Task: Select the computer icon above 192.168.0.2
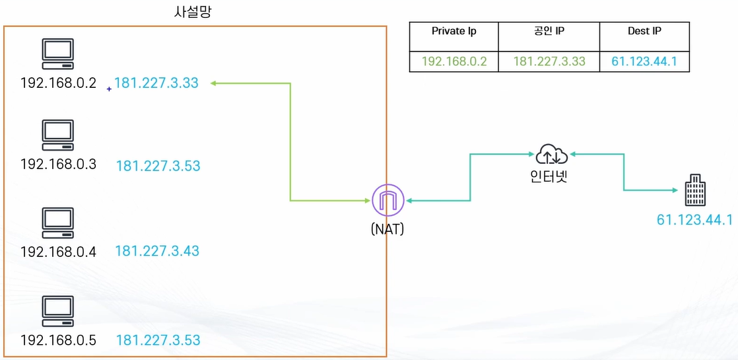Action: click(58, 54)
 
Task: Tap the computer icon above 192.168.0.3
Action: click(58, 134)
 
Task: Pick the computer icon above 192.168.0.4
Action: click(58, 222)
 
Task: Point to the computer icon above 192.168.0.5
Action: click(58, 310)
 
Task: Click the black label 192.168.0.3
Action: click(58, 164)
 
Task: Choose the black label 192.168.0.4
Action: click(58, 252)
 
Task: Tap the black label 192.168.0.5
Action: click(58, 340)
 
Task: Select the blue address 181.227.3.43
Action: click(157, 251)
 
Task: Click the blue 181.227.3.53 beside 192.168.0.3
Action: click(158, 166)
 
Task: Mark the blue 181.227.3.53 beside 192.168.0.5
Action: click(158, 340)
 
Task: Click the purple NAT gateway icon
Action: click(387, 200)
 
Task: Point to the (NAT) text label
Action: click(387, 229)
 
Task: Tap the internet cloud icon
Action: click(552, 154)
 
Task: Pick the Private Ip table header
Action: click(454, 31)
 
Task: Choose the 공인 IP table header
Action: click(549, 31)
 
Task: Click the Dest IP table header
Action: click(644, 31)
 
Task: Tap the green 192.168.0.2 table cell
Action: click(454, 61)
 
